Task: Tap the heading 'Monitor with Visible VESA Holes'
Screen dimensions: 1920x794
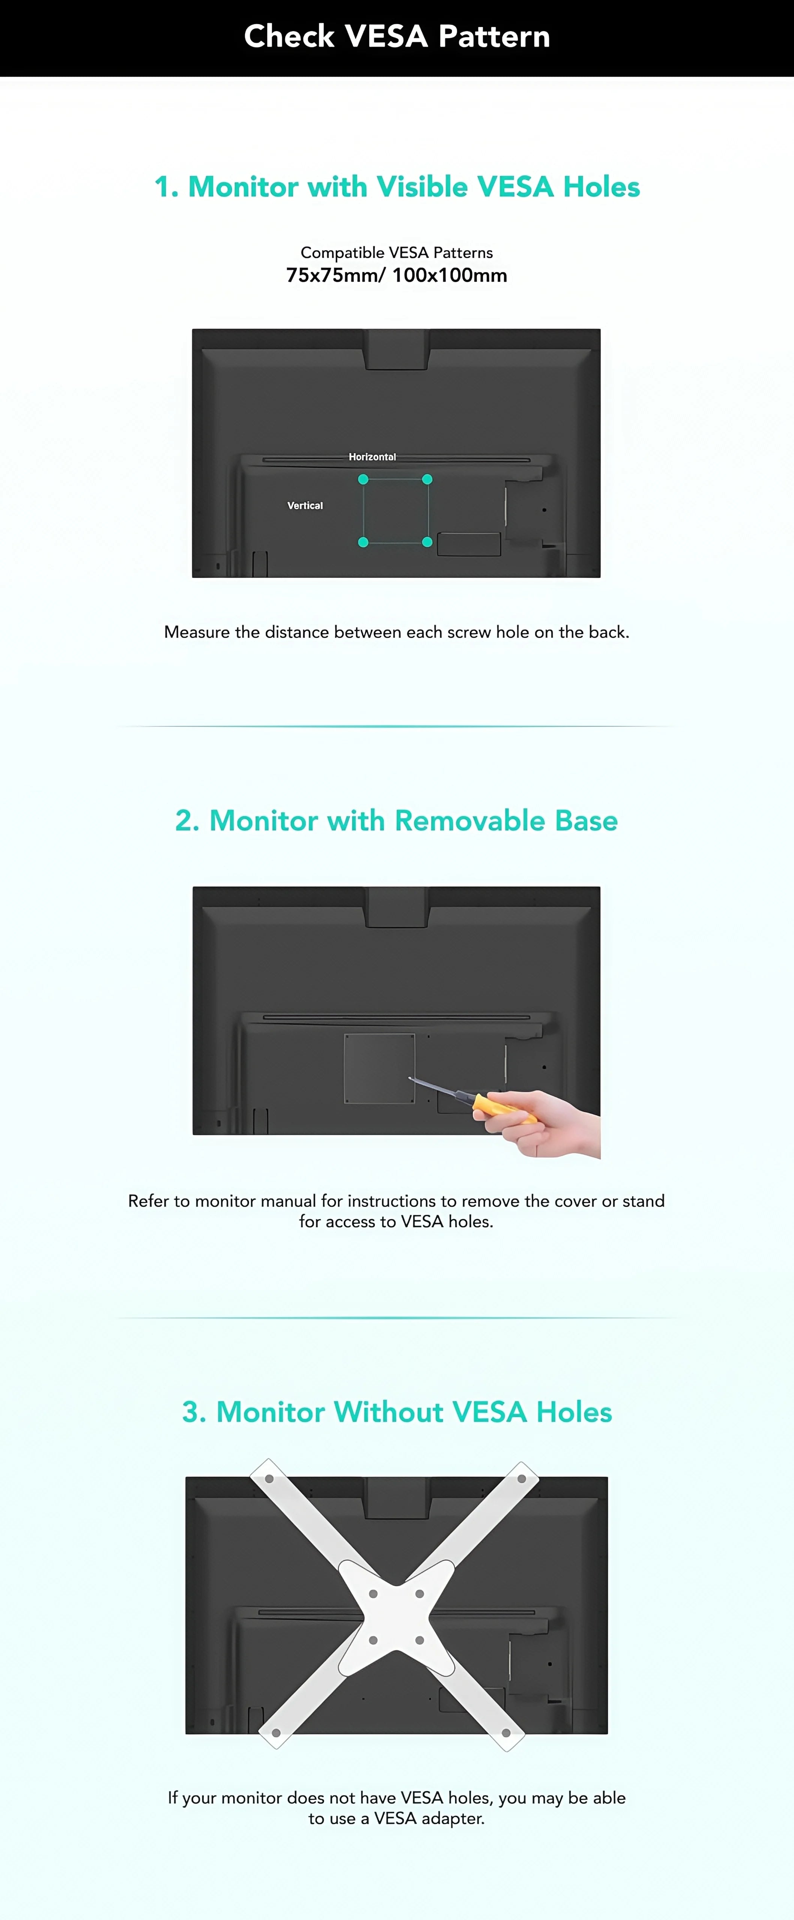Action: [x=397, y=187]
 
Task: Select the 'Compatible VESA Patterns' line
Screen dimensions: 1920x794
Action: [x=397, y=253]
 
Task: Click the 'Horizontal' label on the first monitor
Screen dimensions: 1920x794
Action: [x=372, y=457]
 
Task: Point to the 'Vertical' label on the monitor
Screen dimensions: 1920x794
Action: [x=305, y=505]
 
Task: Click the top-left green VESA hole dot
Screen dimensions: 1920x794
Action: [x=363, y=479]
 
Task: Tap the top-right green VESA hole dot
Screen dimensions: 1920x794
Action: [x=427, y=479]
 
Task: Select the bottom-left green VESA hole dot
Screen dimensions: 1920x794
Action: [x=363, y=542]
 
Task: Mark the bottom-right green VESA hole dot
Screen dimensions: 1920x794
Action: [x=427, y=542]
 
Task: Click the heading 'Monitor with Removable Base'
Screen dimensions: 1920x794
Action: [x=397, y=820]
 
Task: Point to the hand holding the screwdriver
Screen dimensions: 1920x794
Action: [x=552, y=1125]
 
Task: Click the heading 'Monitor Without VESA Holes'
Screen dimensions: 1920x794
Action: [x=397, y=1412]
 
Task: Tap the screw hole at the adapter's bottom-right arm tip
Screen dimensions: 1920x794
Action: [x=506, y=1733]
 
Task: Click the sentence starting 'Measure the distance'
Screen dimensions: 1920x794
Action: [x=397, y=632]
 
